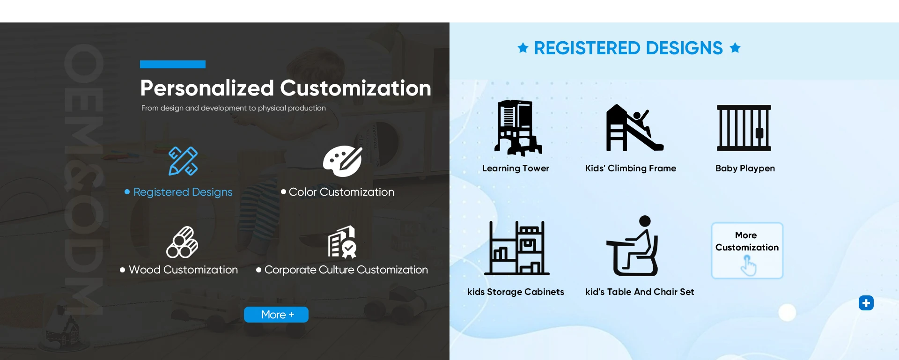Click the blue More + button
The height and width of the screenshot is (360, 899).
pos(276,315)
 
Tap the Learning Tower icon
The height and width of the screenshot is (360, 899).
pos(517,127)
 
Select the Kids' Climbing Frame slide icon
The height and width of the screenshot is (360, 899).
pos(634,127)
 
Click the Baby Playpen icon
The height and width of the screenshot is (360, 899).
pos(744,128)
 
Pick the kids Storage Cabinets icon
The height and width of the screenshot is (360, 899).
pos(517,248)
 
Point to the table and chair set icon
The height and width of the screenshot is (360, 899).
pos(633,246)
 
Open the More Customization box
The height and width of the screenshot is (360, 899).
pos(747,250)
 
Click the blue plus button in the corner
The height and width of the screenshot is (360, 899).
pos(866,303)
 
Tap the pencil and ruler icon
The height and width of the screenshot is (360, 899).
pos(183,161)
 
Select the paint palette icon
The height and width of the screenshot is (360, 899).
pos(343,161)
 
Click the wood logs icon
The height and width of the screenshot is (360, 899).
pos(182,242)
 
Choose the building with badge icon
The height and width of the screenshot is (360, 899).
pos(343,242)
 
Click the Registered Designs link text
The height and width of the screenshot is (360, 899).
pos(183,192)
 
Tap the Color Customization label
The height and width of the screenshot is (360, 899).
pos(341,192)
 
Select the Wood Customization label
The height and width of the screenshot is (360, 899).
pos(183,270)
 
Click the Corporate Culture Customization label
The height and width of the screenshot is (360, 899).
pos(346,270)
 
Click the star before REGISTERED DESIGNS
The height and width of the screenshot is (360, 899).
pos(523,48)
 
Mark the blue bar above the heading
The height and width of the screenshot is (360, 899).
pos(173,64)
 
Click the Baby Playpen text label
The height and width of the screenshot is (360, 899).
pos(745,168)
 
